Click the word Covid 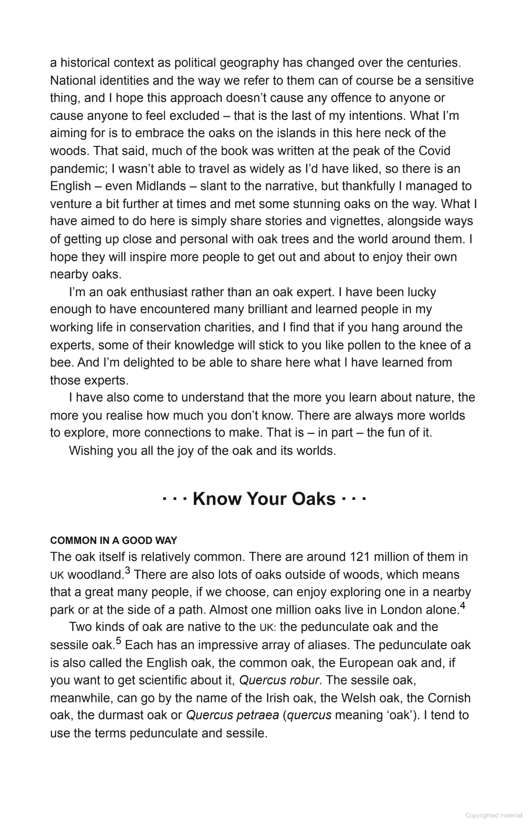434,151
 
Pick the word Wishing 91,450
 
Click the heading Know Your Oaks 264,499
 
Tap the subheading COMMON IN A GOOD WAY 113,540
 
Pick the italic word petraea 259,715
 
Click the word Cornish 449,698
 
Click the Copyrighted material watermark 493,815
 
